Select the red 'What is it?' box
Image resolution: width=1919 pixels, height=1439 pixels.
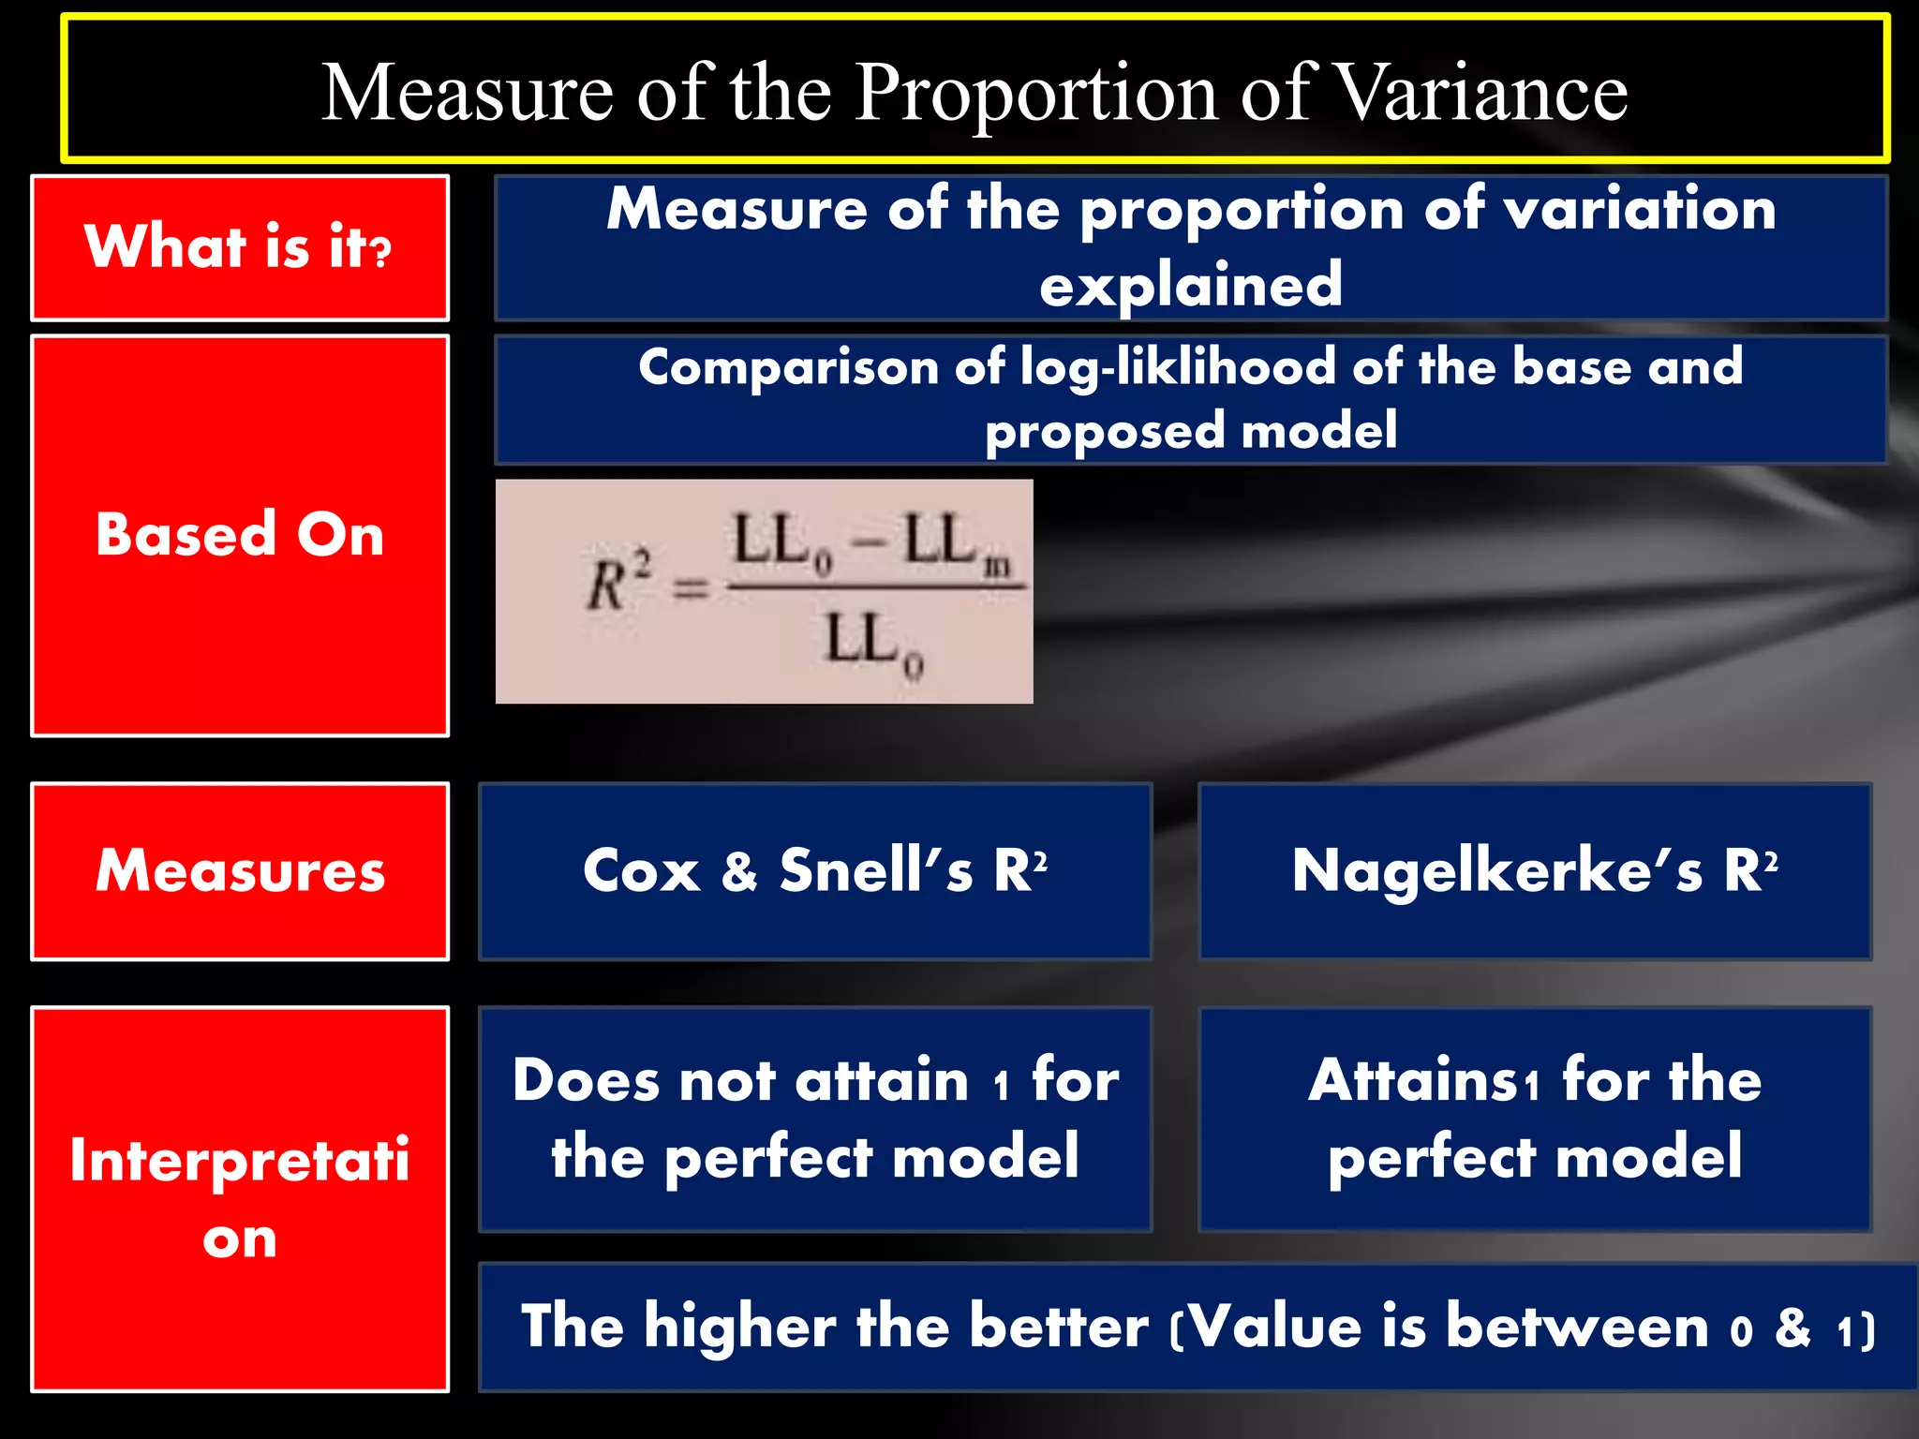click(240, 248)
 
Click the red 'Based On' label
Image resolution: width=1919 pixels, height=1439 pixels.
click(240, 535)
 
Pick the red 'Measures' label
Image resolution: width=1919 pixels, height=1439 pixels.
click(240, 871)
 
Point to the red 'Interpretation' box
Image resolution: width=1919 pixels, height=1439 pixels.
click(240, 1199)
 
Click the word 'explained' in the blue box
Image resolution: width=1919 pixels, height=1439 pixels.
click(1190, 285)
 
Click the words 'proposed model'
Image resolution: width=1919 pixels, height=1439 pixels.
click(1190, 431)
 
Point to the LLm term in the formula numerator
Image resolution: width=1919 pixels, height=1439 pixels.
click(956, 544)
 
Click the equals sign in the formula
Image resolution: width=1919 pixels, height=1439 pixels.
click(691, 589)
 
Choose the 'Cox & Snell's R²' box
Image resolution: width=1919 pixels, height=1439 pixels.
click(814, 871)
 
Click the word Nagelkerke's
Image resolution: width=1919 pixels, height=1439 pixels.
click(1496, 871)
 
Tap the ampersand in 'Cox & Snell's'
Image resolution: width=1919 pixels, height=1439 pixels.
click(739, 871)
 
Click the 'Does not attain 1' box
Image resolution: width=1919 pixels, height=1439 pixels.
click(814, 1119)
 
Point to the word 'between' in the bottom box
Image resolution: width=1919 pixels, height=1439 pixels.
click(1577, 1328)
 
